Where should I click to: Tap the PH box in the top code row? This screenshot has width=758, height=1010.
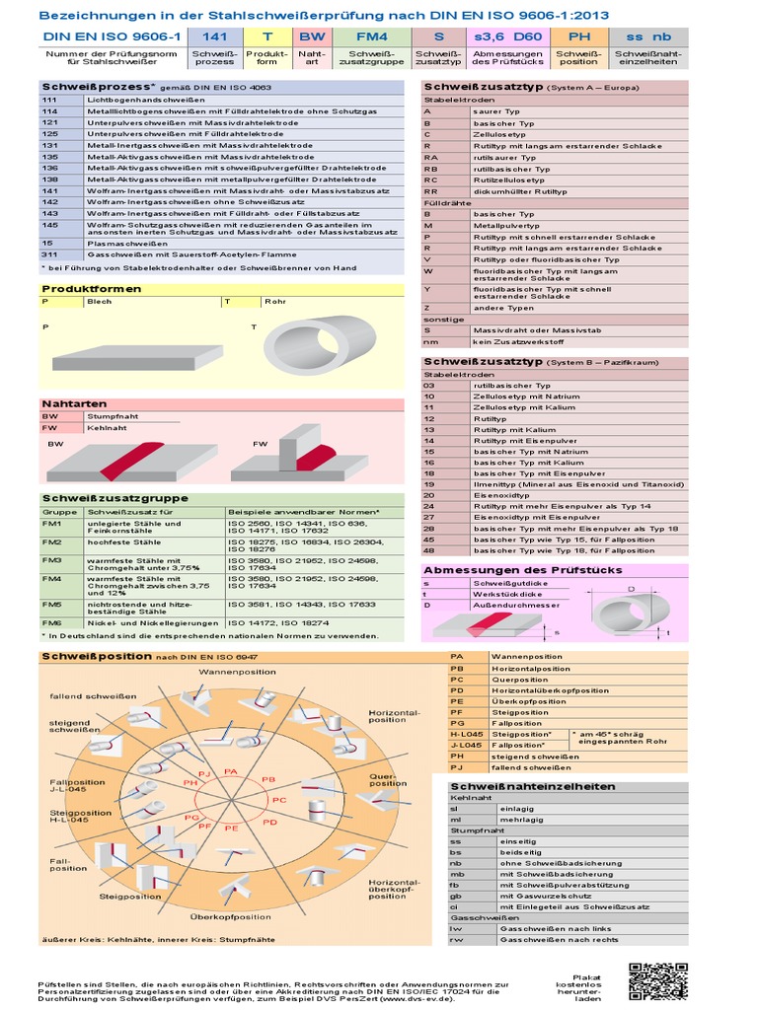pyautogui.click(x=578, y=36)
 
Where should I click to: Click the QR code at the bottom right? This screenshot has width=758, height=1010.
pyautogui.click(x=656, y=980)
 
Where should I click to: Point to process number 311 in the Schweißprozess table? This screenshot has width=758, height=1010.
pyautogui.click(x=50, y=253)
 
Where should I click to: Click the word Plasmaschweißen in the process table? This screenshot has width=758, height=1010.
pyautogui.click(x=121, y=242)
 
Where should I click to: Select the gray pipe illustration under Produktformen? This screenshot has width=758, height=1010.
pyautogui.click(x=318, y=345)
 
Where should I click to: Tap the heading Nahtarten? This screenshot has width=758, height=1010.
pyautogui.click(x=66, y=404)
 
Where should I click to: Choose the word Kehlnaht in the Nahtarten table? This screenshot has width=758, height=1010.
pyautogui.click(x=105, y=429)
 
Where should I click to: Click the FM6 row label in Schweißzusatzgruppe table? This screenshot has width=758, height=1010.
pyautogui.click(x=51, y=623)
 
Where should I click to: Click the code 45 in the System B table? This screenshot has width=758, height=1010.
pyautogui.click(x=429, y=540)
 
